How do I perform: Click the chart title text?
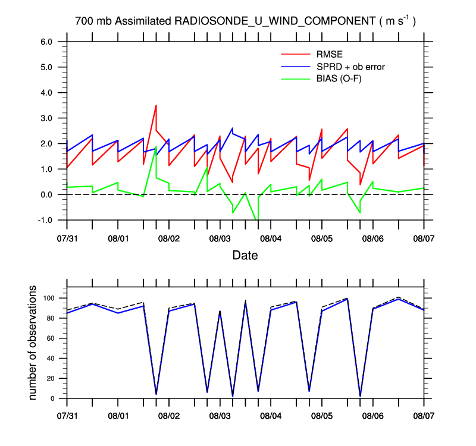245,21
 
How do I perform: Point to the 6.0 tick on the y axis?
46,42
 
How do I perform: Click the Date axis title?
245,256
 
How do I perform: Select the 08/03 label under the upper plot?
220,238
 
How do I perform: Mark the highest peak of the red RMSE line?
156,105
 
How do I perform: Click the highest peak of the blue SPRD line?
232,128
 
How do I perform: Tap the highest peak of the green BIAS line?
156,147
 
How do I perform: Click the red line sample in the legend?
296,55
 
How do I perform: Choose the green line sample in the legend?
296,78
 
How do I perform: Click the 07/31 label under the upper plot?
67,238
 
